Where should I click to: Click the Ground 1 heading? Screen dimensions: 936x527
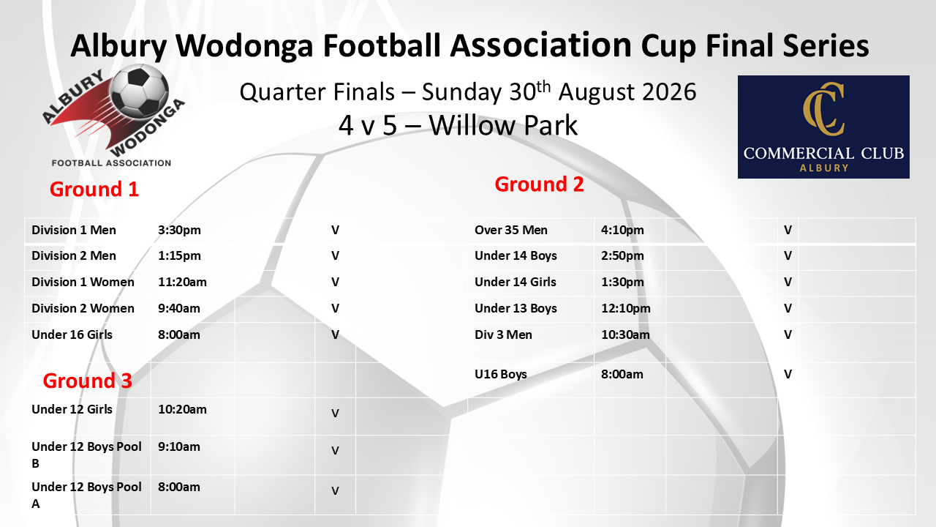[94, 189]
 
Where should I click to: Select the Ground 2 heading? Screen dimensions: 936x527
[539, 184]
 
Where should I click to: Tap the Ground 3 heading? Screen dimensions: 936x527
[87, 381]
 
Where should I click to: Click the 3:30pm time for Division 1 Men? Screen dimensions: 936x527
[179, 230]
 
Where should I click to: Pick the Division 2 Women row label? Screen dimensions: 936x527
[83, 308]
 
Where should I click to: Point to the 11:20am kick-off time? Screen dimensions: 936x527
[182, 282]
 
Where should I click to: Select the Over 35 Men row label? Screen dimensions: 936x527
[510, 230]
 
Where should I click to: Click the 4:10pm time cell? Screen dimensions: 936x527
[622, 230]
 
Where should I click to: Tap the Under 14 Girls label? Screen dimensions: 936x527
[516, 282]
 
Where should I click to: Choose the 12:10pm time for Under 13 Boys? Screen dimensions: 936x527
[625, 308]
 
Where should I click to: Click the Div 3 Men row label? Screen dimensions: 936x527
[503, 334]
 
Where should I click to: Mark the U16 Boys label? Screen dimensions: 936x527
[501, 374]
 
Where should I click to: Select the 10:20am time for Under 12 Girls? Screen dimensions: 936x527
[182, 409]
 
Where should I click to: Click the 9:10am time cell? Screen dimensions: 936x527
[179, 446]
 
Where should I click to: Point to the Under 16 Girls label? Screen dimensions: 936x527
[72, 334]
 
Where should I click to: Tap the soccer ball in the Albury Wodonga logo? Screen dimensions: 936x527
[140, 91]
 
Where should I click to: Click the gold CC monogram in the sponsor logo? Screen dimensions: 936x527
[823, 109]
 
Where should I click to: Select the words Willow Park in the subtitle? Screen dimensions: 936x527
[503, 125]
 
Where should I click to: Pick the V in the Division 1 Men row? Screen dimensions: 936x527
[335, 230]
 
